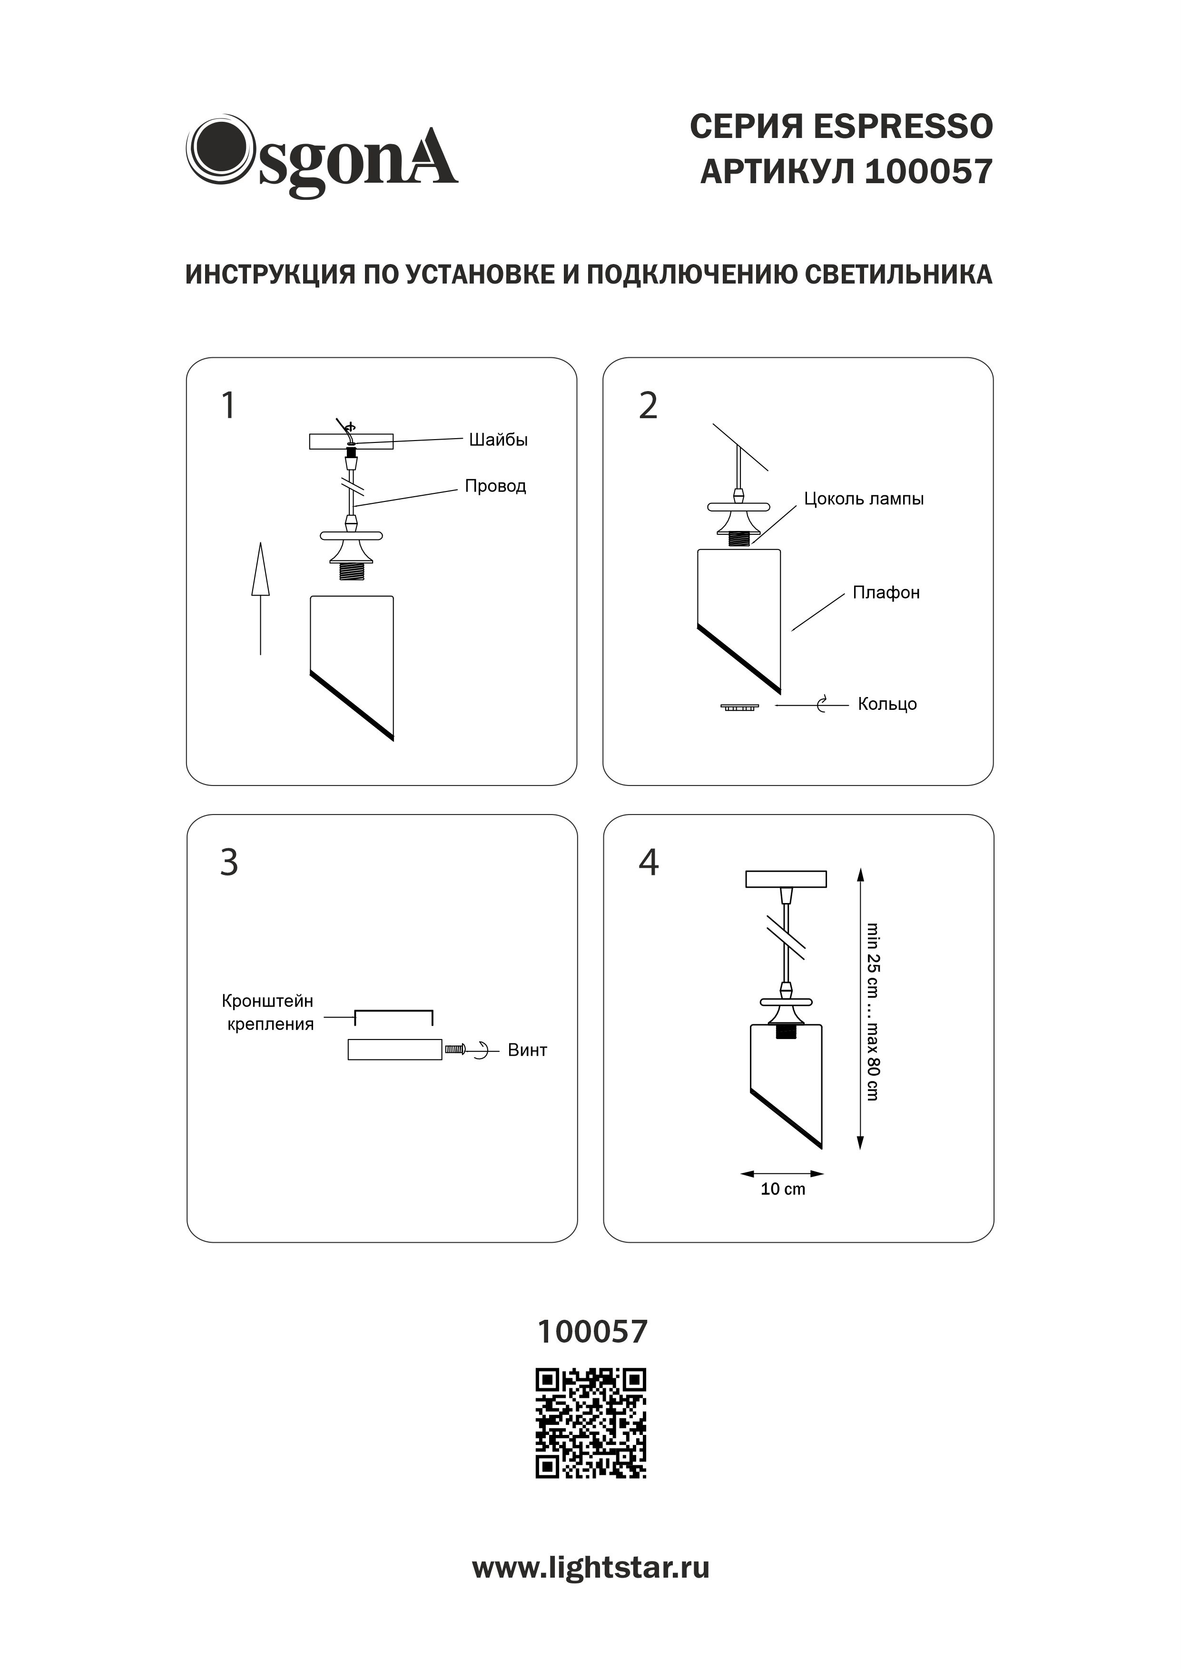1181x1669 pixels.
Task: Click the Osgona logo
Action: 322,156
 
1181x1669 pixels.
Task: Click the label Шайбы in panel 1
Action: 498,440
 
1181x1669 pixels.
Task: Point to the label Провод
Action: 495,486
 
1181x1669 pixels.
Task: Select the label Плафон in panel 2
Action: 886,593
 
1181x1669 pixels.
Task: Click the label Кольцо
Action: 887,705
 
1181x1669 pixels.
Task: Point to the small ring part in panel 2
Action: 739,706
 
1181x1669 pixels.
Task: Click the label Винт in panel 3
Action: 527,1050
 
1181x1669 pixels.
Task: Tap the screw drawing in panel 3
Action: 455,1050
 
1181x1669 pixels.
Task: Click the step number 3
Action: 229,863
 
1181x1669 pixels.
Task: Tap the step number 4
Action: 649,863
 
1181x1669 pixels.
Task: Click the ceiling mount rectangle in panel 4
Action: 786,879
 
